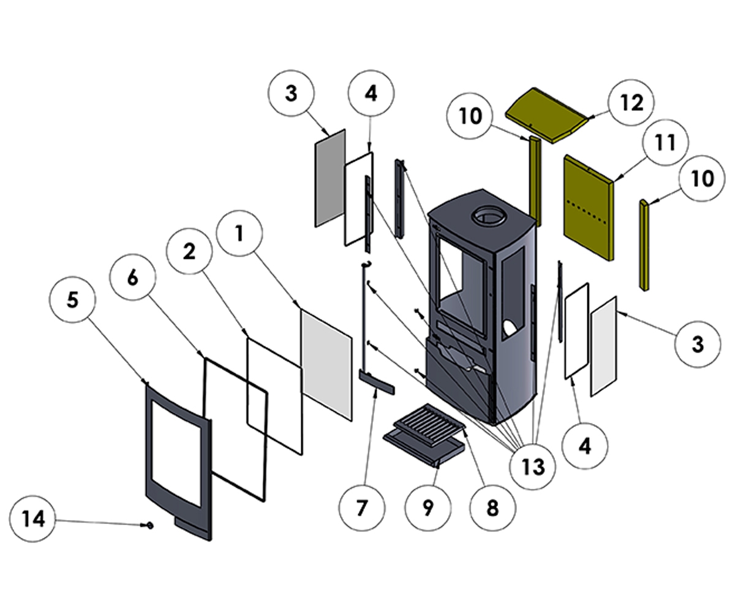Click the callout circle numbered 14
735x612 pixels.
(33, 519)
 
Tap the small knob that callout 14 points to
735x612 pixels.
(149, 525)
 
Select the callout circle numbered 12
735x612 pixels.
(631, 103)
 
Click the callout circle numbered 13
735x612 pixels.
(533, 467)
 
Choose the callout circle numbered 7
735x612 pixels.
(362, 509)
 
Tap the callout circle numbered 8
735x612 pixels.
(492, 509)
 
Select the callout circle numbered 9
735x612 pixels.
(428, 507)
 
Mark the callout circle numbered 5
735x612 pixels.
(72, 300)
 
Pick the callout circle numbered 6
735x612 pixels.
(132, 277)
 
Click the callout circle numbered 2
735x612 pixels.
(189, 251)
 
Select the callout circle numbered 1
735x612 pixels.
(239, 233)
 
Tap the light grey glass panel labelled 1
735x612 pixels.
(326, 364)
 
